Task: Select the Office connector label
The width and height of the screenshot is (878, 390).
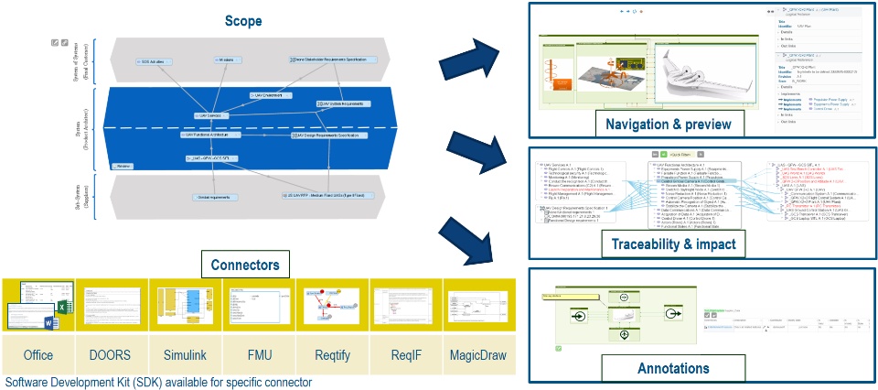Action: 38,354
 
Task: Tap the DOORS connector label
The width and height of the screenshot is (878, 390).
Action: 112,354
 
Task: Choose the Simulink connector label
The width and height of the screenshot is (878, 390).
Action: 185,354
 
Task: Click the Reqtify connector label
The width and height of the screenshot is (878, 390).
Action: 331,354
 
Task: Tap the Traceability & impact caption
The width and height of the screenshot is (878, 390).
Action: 669,244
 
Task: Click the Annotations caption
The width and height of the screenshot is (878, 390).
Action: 673,368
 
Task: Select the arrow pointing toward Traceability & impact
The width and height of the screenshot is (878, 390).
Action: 476,151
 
